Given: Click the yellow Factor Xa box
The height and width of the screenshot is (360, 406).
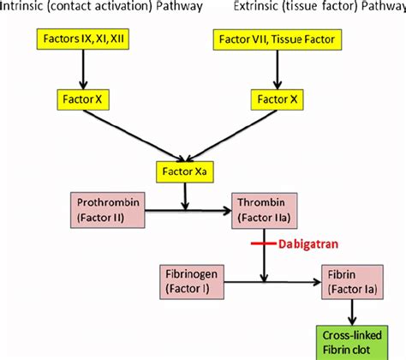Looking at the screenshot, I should [x=184, y=172].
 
